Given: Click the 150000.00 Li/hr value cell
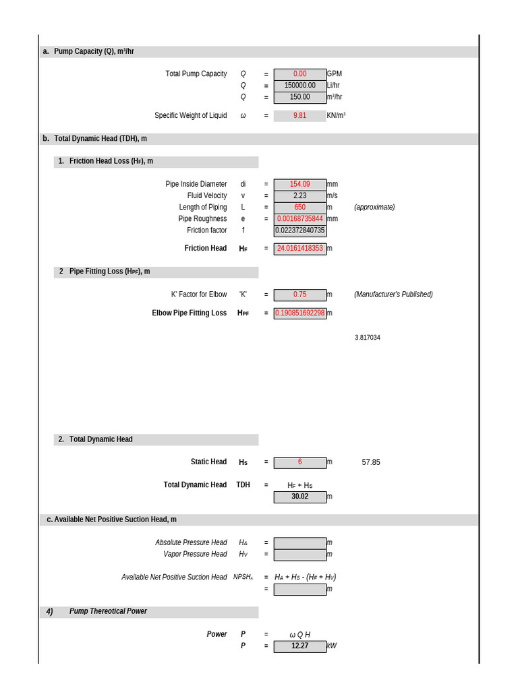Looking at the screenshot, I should point(299,86).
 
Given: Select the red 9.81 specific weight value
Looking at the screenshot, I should point(299,115).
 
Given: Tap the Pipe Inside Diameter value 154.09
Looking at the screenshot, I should point(299,184).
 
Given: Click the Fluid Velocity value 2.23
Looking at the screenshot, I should point(299,195).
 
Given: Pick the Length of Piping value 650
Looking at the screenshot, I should point(299,207).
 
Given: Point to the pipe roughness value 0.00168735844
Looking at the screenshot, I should point(299,218).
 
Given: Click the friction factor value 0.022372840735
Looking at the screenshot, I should point(299,230).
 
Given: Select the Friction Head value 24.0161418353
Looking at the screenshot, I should point(299,248).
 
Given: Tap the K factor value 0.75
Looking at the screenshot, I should point(299,294).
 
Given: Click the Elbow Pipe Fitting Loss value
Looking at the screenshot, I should point(299,313).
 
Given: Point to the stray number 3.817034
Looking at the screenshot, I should point(367,338).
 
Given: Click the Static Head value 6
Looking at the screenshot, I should point(299,462).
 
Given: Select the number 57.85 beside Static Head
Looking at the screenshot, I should point(371,462).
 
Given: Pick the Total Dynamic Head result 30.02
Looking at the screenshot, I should point(299,497).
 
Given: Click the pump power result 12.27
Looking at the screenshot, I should point(299,646).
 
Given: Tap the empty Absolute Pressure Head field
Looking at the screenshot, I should point(299,542).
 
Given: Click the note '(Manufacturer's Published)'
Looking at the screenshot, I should point(393,294).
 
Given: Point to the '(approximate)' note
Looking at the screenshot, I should point(374,207).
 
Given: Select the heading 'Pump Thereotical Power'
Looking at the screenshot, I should point(108,611).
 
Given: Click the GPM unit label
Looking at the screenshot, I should point(335,74).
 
